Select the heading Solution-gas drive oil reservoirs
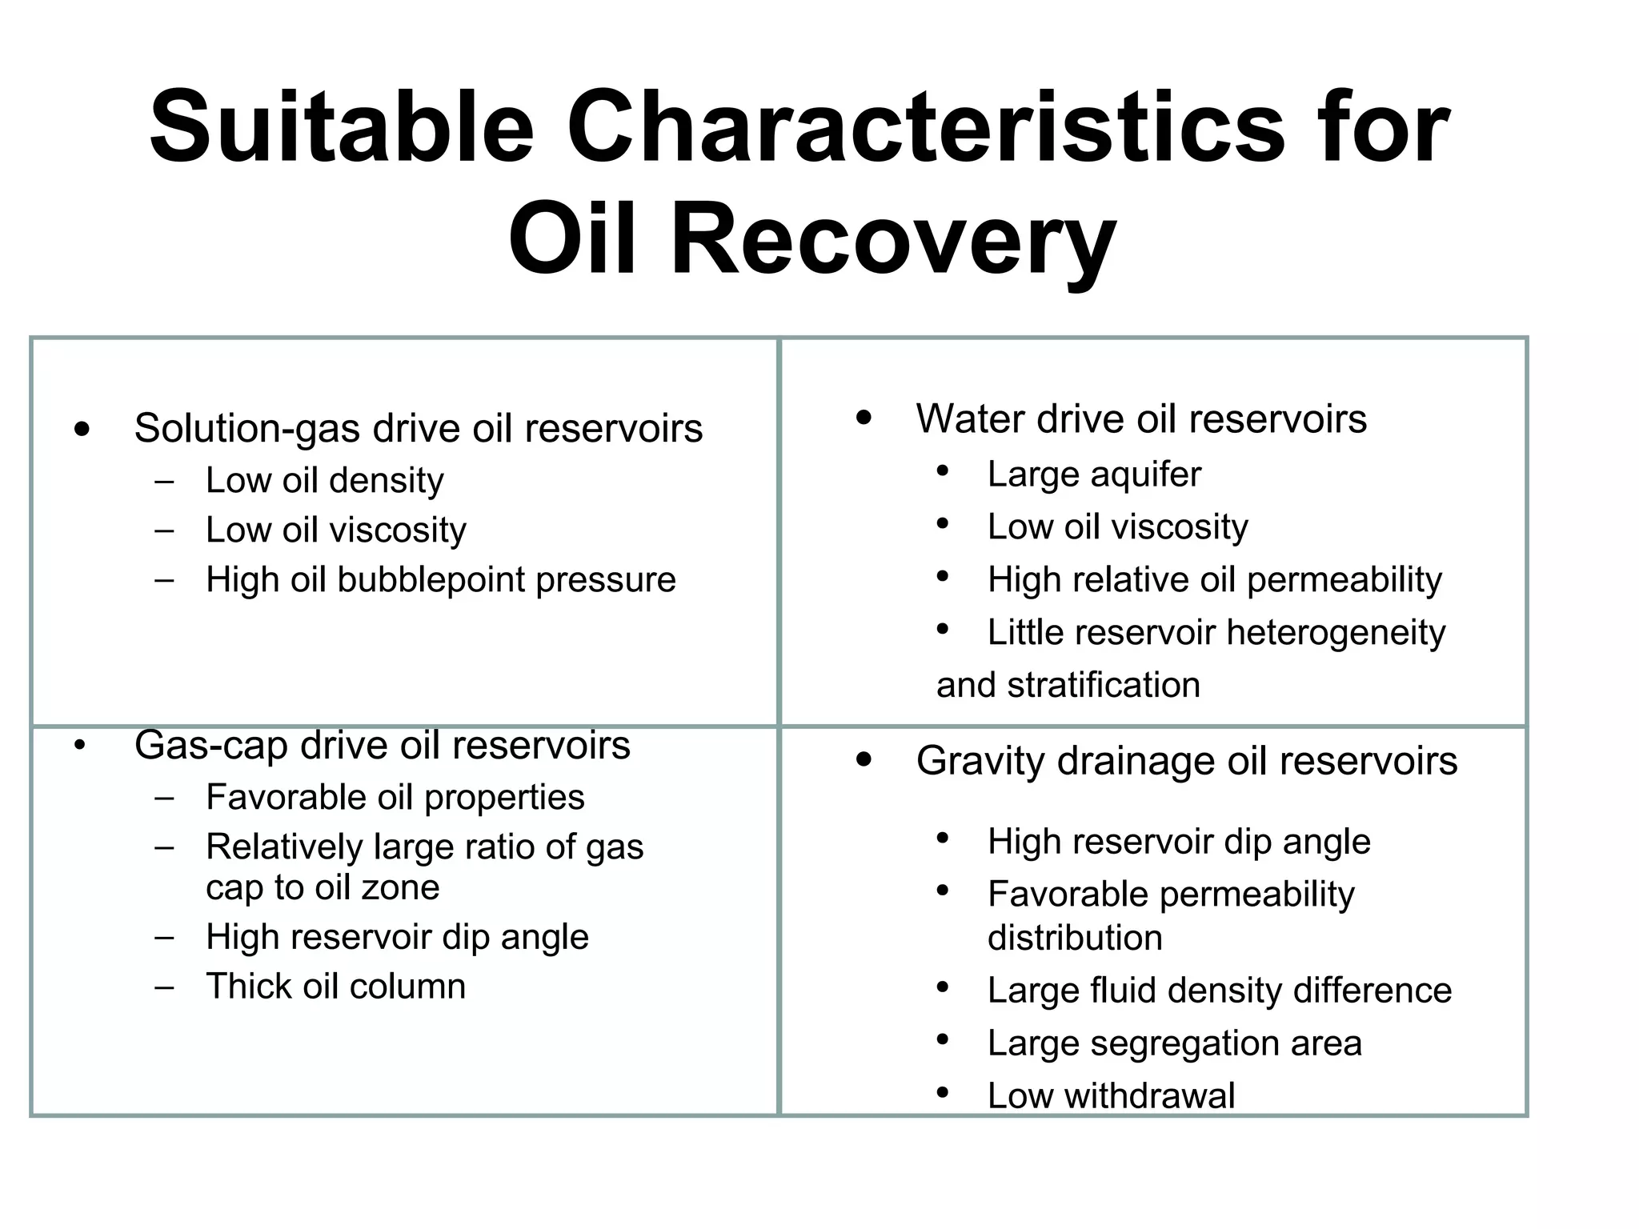[x=418, y=428]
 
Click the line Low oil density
[x=324, y=481]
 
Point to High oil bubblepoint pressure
[x=440, y=579]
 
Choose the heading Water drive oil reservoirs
[x=1140, y=419]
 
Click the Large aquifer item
[x=1093, y=474]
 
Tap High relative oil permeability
[x=1214, y=580]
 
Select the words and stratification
[x=1068, y=686]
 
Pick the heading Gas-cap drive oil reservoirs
[x=382, y=745]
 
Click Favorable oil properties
[x=395, y=798]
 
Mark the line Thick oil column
[x=335, y=987]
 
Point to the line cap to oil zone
[x=323, y=887]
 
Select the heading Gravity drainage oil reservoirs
[x=1186, y=761]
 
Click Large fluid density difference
[x=1219, y=991]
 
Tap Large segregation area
[x=1174, y=1043]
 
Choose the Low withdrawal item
[x=1111, y=1095]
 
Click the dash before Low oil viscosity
[x=165, y=530]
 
